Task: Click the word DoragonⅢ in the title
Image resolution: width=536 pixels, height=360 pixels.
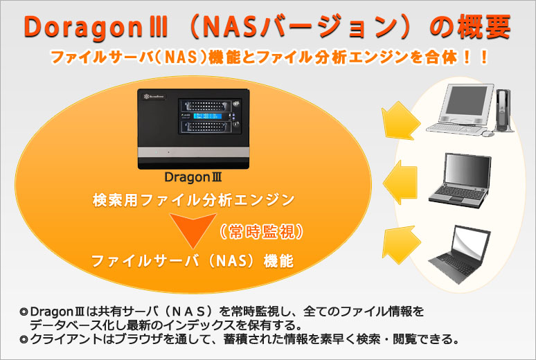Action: pyautogui.click(x=96, y=28)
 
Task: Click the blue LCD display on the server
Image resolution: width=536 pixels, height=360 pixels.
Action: pyautogui.click(x=208, y=116)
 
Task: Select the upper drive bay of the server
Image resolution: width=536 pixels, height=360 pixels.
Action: pyautogui.click(x=205, y=105)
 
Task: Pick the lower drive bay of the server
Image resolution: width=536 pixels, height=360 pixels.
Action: pyautogui.click(x=205, y=127)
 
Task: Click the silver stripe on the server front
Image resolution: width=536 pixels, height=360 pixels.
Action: pyautogui.click(x=193, y=152)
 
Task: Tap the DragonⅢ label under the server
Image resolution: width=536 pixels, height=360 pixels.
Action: pyautogui.click(x=193, y=177)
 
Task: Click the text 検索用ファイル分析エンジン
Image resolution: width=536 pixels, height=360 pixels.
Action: pyautogui.click(x=193, y=200)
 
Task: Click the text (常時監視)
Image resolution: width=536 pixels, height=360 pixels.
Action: pyautogui.click(x=262, y=232)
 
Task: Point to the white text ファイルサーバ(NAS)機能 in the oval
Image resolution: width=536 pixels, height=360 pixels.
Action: pyautogui.click(x=193, y=261)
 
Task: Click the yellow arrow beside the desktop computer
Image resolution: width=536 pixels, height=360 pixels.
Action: pyautogui.click(x=401, y=120)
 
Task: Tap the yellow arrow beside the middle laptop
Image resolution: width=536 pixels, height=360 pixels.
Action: pyautogui.click(x=400, y=183)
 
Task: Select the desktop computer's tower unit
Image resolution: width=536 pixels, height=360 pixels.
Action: pyautogui.click(x=504, y=110)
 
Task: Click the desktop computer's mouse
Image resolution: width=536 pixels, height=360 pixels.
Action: pyautogui.click(x=488, y=134)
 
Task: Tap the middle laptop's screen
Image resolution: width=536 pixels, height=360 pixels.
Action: pyautogui.click(x=467, y=170)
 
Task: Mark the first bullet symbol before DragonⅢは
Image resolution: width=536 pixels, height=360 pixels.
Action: pyautogui.click(x=24, y=312)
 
